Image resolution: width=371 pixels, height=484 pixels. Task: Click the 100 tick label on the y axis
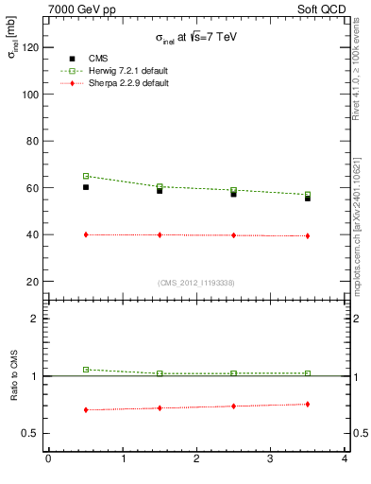point(27,95)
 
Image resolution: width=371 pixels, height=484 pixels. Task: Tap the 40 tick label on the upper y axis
point(30,234)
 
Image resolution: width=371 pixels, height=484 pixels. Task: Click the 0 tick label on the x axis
point(48,459)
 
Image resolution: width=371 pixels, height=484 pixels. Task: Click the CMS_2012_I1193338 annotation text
point(196,283)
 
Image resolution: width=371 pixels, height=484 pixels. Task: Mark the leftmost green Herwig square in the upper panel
point(86,176)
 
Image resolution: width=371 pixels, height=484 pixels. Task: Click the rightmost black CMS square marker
point(308,199)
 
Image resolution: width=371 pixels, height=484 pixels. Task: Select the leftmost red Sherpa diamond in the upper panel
point(86,234)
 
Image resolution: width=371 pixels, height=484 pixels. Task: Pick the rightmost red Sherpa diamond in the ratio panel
point(308,405)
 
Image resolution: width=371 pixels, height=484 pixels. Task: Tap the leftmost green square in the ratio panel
point(86,370)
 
